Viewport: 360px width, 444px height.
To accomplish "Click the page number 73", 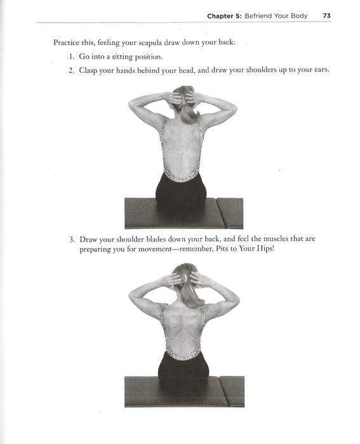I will pos(326,16).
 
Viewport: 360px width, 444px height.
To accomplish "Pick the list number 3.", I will pos(72,239).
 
